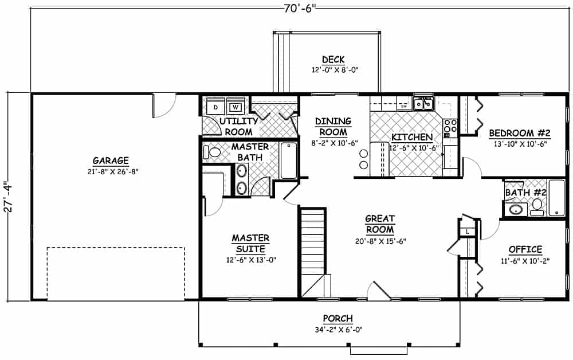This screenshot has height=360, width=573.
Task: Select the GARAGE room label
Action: point(111,161)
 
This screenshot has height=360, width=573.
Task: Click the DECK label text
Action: point(332,59)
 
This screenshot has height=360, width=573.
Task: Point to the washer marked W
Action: point(235,107)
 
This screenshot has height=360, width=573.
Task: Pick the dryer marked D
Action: point(215,107)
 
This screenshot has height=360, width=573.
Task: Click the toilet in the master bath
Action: point(213,152)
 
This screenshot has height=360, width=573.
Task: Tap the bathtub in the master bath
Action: point(288,160)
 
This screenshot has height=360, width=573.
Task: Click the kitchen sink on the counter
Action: point(423,104)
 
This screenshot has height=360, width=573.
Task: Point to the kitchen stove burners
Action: point(450,126)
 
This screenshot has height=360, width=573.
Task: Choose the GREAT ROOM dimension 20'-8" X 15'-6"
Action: point(380,241)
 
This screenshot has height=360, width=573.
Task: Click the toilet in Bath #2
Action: point(537,206)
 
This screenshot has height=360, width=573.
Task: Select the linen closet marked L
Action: point(468,230)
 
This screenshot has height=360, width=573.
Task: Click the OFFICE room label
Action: point(525,249)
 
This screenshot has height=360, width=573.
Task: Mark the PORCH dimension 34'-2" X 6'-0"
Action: point(337,329)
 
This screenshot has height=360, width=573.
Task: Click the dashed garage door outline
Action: point(115,248)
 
